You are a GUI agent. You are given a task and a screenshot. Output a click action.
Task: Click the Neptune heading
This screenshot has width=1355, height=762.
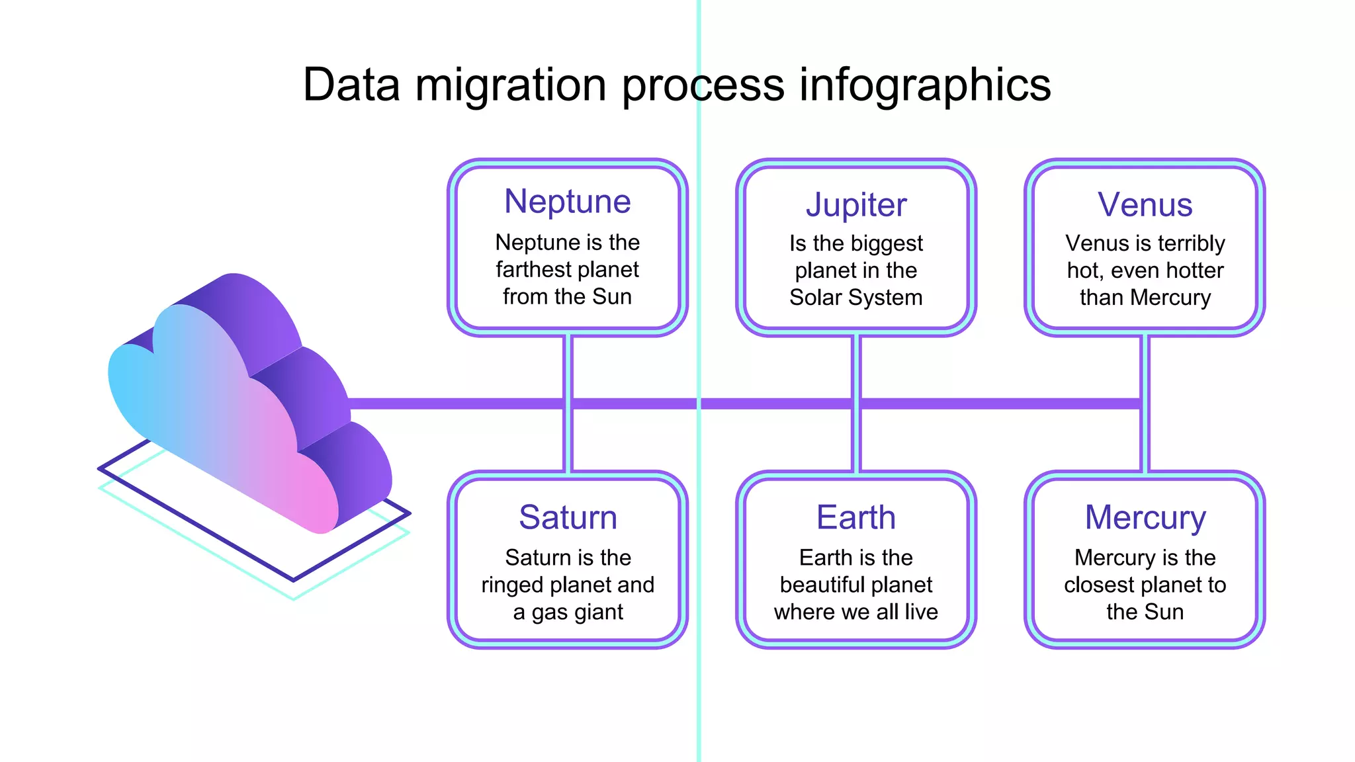coord(567,201)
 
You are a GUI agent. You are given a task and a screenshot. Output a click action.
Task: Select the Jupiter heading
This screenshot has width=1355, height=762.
coord(855,205)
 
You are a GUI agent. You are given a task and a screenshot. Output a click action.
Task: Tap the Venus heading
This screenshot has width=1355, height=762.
coord(1145,205)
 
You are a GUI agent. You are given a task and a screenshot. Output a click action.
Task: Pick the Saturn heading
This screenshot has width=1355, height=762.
coord(568,517)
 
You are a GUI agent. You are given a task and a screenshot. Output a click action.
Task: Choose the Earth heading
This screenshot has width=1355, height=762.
coord(855,517)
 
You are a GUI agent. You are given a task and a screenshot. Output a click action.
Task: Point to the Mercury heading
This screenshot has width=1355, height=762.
coord(1145,517)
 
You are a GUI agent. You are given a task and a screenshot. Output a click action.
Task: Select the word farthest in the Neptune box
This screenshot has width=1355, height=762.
coord(534,270)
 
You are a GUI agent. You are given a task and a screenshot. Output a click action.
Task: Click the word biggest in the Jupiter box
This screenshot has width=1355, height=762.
coord(890,243)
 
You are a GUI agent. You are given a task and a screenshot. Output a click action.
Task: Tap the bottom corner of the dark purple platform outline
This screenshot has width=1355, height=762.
coord(294,580)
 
